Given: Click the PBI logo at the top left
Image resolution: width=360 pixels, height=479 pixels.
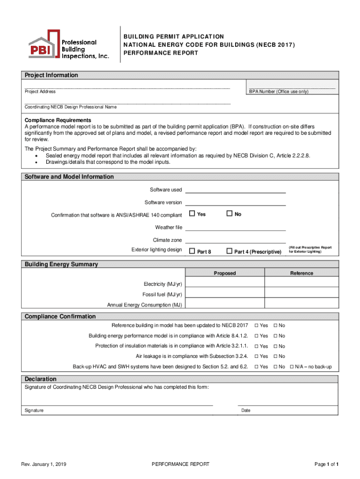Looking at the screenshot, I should click(68, 44).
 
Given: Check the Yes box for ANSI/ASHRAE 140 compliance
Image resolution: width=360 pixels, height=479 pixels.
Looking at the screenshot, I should click(192, 214).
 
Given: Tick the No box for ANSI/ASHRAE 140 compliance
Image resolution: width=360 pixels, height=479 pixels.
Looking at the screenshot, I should click(229, 214).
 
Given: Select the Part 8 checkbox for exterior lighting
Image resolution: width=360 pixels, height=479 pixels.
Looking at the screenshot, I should click(192, 251).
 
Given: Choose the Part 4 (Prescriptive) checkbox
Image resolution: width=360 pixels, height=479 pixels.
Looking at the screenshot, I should click(229, 251).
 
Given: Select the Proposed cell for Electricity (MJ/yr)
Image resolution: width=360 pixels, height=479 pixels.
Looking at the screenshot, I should click(225, 283).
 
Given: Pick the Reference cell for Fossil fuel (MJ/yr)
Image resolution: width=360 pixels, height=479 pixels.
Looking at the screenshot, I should click(301, 294).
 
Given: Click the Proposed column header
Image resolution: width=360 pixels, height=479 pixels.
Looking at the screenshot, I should click(225, 273).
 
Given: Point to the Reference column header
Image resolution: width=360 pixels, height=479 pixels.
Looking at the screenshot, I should click(301, 273).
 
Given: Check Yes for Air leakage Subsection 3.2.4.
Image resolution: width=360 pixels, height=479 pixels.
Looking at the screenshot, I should click(257, 356).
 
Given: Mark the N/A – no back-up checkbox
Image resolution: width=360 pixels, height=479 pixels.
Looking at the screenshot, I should click(292, 367).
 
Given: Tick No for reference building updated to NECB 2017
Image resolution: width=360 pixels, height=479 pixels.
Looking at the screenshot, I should click(275, 326).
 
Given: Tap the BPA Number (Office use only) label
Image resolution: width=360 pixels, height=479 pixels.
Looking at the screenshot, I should click(279, 92).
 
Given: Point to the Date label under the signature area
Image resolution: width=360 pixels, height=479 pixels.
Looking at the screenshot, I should click(245, 410).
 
